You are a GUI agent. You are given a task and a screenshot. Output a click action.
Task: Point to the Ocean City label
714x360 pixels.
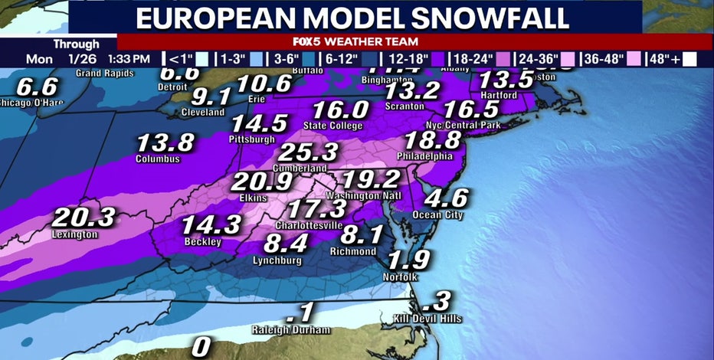[439, 215]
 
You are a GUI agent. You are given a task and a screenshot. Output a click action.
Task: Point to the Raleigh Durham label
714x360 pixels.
[291, 330]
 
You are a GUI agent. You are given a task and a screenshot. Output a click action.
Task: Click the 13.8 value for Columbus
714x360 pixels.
[165, 142]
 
